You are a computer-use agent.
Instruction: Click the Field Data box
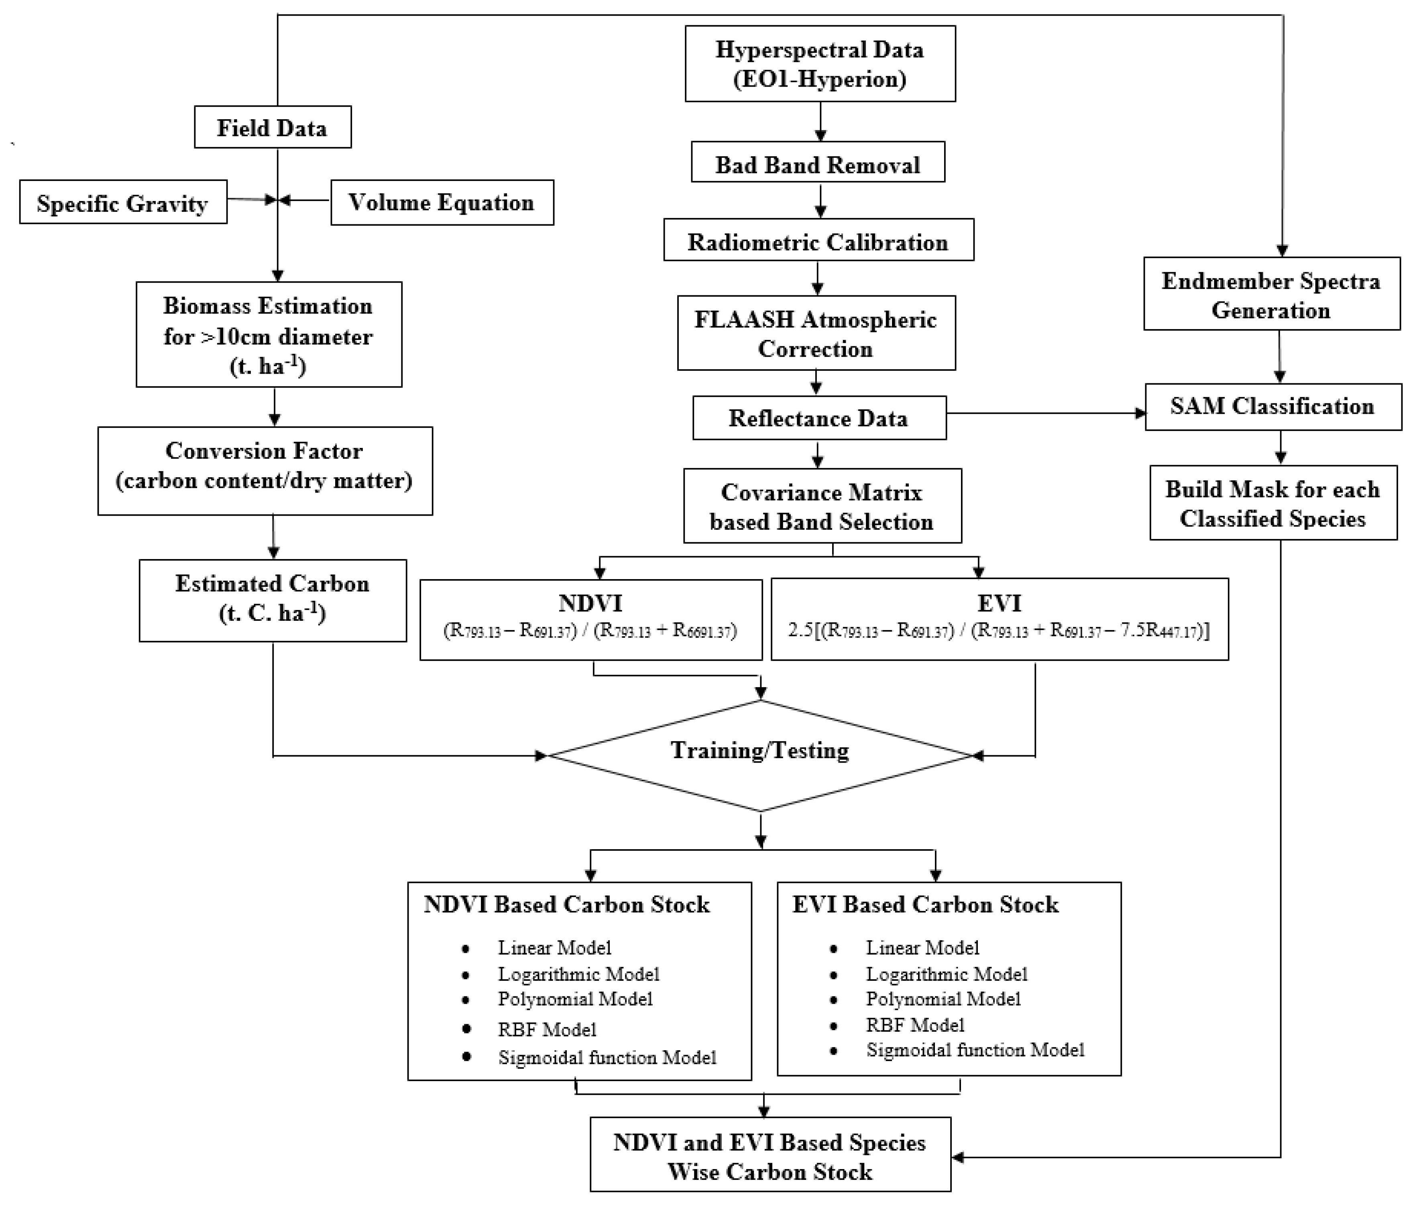[x=273, y=127]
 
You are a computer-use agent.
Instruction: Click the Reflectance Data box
[x=819, y=418]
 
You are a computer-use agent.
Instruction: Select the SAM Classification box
[x=1272, y=406]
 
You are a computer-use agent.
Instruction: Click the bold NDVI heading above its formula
[x=590, y=603]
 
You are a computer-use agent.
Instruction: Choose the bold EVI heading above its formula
[x=999, y=603]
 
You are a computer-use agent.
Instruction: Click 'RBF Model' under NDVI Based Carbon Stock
[x=546, y=1029]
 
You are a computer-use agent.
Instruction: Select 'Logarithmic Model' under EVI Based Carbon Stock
[x=947, y=974]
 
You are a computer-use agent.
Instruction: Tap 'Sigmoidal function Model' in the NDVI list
[x=607, y=1058]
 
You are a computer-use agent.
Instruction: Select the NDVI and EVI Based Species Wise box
[x=770, y=1157]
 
